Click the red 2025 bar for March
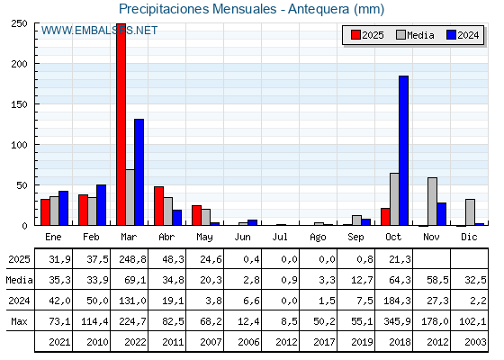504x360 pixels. [121, 126]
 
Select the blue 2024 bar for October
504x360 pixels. [403, 150]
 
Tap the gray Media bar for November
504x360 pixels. [432, 202]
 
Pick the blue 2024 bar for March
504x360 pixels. [139, 172]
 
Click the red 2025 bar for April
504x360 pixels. [158, 205]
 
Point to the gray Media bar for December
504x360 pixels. [470, 212]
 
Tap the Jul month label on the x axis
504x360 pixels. [281, 237]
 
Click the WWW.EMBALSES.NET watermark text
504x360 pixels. [99, 31]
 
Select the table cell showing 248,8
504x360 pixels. [130, 260]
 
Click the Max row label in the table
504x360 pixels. [18, 321]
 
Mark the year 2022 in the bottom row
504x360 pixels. [130, 342]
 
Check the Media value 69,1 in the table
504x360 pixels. [130, 281]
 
